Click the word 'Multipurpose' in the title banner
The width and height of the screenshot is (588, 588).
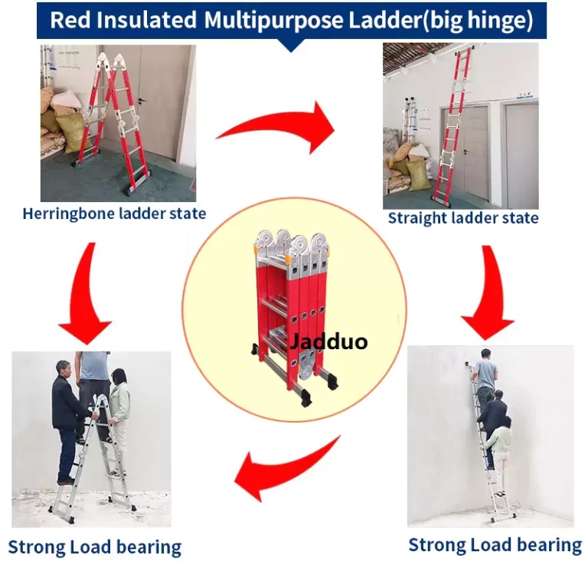pyautogui.click(x=274, y=20)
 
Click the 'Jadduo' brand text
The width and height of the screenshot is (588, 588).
pyautogui.click(x=328, y=341)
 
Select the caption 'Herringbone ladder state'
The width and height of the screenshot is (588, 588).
pyautogui.click(x=114, y=214)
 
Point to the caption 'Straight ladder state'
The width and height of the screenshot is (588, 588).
pyautogui.click(x=463, y=218)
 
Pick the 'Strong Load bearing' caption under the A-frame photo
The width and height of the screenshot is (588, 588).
pyautogui.click(x=94, y=547)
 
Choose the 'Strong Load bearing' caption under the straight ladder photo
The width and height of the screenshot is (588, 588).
pyautogui.click(x=495, y=545)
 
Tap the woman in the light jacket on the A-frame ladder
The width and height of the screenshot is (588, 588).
pyautogui.click(x=119, y=420)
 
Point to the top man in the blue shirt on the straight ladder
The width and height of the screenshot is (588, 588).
pyautogui.click(x=485, y=377)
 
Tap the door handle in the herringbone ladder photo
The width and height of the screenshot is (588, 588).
pyautogui.click(x=142, y=101)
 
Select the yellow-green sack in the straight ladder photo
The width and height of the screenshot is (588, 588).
pyautogui.click(x=419, y=175)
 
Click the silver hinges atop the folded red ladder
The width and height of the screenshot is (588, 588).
pyautogui.click(x=292, y=244)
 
